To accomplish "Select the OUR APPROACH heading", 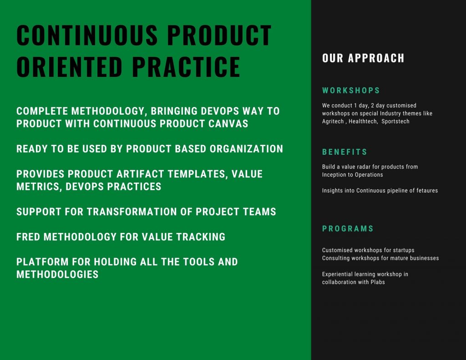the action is pyautogui.click(x=363, y=58).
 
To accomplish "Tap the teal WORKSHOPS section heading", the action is pyautogui.click(x=351, y=91).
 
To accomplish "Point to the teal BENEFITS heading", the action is pyautogui.click(x=345, y=152).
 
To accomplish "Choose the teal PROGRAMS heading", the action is pyautogui.click(x=348, y=228).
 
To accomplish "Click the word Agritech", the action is pyautogui.click(x=333, y=121).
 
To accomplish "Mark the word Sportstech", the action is pyautogui.click(x=395, y=121).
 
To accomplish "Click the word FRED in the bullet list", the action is pyautogui.click(x=28, y=237).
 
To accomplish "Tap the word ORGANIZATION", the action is pyautogui.click(x=246, y=149).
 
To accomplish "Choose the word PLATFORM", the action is pyautogui.click(x=42, y=262).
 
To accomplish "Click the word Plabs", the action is pyautogui.click(x=378, y=282).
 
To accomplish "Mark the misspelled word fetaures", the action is pyautogui.click(x=427, y=191).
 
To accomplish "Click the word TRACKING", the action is pyautogui.click(x=201, y=237).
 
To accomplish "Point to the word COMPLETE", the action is pyautogui.click(x=42, y=111).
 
